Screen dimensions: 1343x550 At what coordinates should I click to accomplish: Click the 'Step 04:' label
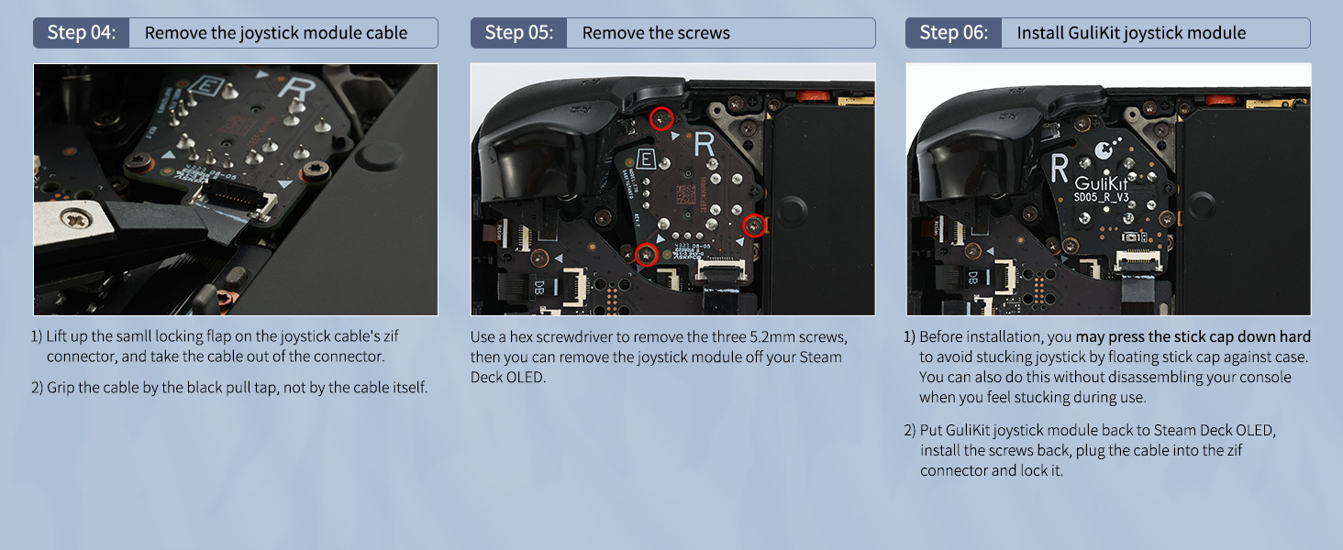(81, 32)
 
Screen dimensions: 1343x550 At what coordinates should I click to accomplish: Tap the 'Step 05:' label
(518, 32)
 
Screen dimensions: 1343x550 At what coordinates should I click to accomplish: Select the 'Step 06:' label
(953, 32)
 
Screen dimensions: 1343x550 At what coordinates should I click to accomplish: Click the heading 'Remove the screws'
(656, 33)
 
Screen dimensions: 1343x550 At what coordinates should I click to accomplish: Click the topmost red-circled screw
(662, 119)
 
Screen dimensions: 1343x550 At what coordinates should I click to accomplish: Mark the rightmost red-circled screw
(754, 225)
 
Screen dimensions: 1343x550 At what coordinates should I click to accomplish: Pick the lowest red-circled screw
(647, 255)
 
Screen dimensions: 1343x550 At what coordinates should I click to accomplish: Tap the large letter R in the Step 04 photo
(297, 89)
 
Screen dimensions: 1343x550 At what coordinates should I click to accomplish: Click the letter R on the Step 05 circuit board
(705, 145)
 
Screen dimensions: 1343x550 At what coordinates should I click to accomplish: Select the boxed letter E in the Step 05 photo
(646, 159)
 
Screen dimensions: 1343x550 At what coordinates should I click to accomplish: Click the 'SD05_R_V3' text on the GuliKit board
(1101, 197)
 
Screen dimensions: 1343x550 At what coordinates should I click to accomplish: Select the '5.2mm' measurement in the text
(772, 336)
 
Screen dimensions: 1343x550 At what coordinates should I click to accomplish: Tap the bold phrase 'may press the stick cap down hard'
(1193, 336)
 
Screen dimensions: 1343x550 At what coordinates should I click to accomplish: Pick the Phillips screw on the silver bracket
(76, 219)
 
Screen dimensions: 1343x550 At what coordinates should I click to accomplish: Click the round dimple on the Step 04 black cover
(379, 154)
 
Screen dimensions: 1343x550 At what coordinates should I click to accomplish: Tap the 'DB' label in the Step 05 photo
(539, 287)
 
